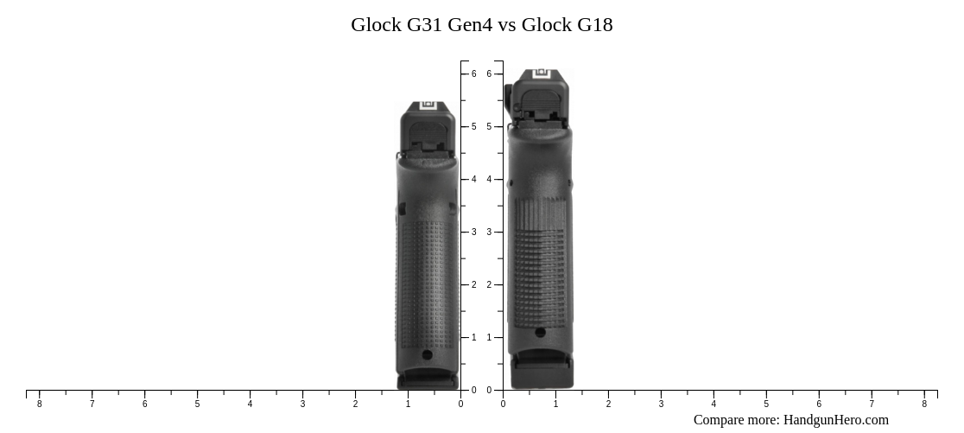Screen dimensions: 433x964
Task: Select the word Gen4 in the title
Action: [x=470, y=24]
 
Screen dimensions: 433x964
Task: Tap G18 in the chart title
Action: [x=594, y=24]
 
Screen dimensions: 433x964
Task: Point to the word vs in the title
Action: [x=507, y=24]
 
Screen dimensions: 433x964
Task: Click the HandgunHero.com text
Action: [x=835, y=420]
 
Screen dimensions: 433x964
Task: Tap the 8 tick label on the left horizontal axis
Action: [x=39, y=404]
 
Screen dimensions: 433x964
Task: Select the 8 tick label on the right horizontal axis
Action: [x=924, y=404]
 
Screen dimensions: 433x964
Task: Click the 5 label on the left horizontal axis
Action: [x=197, y=404]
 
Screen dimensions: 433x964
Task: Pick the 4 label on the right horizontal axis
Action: [x=713, y=404]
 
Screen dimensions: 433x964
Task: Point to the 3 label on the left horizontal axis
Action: [x=302, y=404]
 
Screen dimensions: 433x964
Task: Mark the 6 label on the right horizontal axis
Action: [x=819, y=404]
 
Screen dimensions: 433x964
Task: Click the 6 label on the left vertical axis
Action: [x=473, y=74]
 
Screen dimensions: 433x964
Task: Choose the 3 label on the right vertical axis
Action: [x=489, y=232]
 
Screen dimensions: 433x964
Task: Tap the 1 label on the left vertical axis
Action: [x=473, y=338]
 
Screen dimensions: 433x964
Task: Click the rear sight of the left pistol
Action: [x=428, y=107]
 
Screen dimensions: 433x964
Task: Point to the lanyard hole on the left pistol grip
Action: [x=427, y=354]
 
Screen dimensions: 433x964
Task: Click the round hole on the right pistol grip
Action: [x=540, y=332]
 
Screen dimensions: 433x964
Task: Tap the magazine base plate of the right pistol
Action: [x=542, y=373]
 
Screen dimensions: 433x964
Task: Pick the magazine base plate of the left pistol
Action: [x=428, y=379]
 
